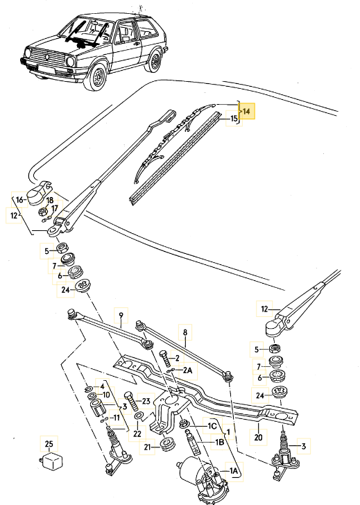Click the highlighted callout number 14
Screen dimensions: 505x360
(248, 111)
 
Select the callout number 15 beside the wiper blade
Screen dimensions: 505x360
(234, 119)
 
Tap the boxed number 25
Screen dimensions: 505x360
(48, 443)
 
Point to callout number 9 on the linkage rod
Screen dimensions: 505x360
(120, 320)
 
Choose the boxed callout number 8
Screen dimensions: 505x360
(185, 333)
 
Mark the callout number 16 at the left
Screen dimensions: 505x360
(19, 200)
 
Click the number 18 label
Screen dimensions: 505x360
(49, 199)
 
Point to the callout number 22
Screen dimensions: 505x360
(137, 434)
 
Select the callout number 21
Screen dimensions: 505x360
(147, 447)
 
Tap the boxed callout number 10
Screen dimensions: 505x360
(106, 395)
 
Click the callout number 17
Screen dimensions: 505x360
(55, 207)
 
